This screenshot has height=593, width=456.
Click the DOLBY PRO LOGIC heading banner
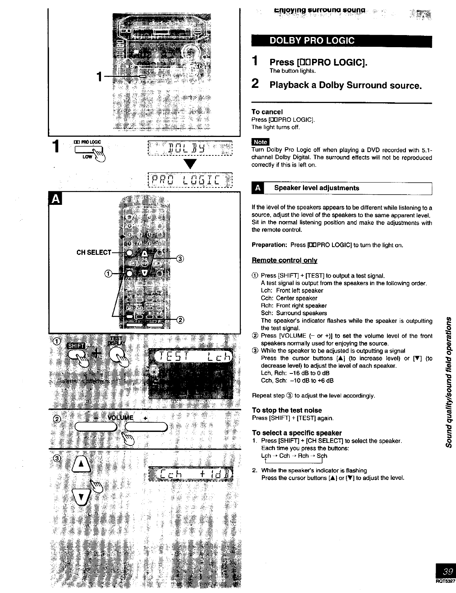(341, 41)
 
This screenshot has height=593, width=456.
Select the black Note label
(260, 142)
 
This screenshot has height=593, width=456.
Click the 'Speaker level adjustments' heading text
(317, 188)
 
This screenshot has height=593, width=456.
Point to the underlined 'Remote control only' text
(284, 260)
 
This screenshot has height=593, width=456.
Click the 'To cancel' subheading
(267, 112)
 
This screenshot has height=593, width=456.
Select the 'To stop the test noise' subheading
(287, 410)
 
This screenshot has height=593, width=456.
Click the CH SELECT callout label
(94, 252)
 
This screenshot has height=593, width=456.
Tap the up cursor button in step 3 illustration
(83, 466)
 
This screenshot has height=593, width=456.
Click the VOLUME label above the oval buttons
(121, 418)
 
